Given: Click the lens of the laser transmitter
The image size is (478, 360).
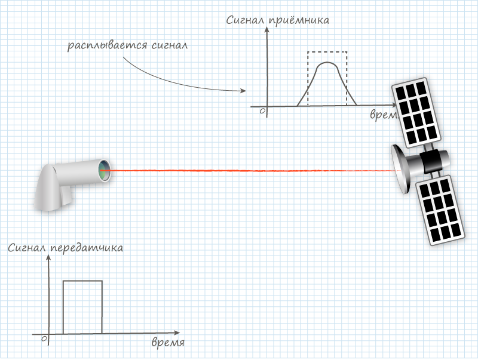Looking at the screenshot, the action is point(105,170).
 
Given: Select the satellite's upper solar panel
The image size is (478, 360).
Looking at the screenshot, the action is point(416,112).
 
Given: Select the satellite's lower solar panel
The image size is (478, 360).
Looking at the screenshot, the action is point(440,210).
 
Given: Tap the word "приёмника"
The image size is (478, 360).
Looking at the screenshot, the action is point(298,21).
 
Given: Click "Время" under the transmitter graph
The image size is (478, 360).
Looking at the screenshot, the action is point(168,343).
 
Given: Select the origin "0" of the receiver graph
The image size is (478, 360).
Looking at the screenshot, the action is point(262,110).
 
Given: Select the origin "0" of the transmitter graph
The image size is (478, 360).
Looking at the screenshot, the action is point(44,339).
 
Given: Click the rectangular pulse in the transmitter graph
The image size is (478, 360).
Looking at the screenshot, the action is point(82,281).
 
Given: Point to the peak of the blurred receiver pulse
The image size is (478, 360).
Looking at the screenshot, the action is point(327,63).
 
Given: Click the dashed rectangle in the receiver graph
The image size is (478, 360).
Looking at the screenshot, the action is point(327,52).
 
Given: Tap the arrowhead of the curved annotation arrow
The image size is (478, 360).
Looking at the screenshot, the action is point(243,91).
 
